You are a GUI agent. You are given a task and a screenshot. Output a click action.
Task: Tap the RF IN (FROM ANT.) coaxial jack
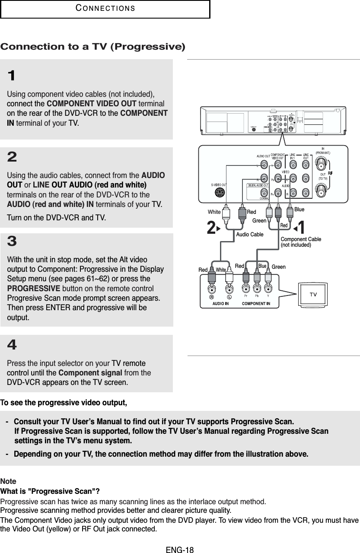323,165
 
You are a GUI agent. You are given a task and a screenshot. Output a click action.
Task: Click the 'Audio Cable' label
250,234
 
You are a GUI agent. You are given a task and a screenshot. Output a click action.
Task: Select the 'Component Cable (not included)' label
301,242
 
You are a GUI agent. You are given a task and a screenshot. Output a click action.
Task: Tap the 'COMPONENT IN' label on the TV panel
256,303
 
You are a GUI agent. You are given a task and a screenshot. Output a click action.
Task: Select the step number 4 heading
12,345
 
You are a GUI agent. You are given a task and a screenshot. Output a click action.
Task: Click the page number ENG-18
180,550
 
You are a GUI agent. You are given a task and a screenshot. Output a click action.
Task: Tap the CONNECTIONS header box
105,9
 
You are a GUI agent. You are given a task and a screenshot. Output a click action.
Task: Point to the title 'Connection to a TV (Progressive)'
93,46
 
